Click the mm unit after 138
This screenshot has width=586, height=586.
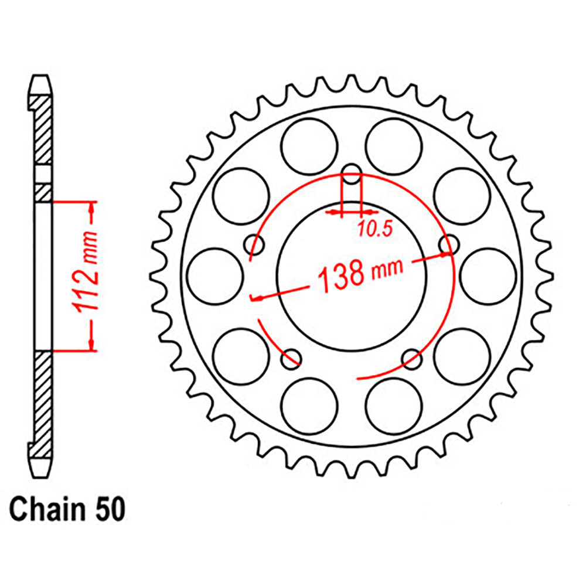point(387,269)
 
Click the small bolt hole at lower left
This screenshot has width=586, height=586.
point(291,359)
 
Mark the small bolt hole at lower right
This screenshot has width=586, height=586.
point(413,359)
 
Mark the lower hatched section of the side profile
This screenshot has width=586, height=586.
point(43,398)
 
